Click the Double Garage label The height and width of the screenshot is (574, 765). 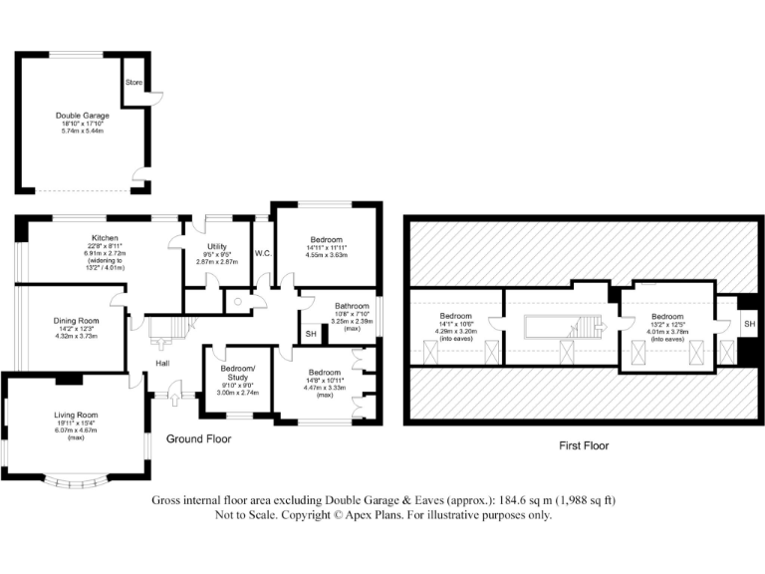[x=82, y=116]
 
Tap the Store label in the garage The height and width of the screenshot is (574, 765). [x=132, y=84]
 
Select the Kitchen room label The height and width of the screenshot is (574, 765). [x=106, y=238]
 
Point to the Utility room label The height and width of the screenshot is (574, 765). [x=218, y=246]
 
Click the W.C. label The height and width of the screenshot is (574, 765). [x=263, y=253]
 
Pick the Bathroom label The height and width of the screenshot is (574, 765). [x=352, y=306]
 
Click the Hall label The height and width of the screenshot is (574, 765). [x=161, y=363]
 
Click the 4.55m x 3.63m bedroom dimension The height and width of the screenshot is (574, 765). [x=326, y=255]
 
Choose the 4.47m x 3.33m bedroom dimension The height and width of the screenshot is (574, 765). [x=325, y=388]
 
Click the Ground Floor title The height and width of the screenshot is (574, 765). [x=199, y=438]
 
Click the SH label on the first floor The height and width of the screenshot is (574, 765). [x=749, y=324]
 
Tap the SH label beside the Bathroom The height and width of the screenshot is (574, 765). [x=310, y=334]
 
